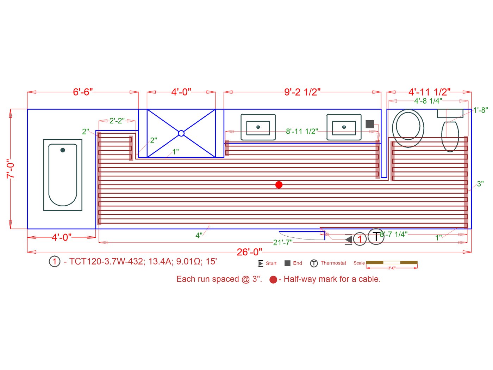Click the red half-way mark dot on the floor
(x=279, y=185)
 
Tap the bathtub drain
(x=63, y=150)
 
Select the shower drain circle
(x=181, y=133)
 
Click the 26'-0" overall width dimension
(x=249, y=252)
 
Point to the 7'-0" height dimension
(x=10, y=169)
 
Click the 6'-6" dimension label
(x=83, y=92)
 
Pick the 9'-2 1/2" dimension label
(x=302, y=92)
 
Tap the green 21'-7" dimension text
(x=283, y=242)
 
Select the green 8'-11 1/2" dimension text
(x=302, y=131)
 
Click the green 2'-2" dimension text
(x=117, y=121)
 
